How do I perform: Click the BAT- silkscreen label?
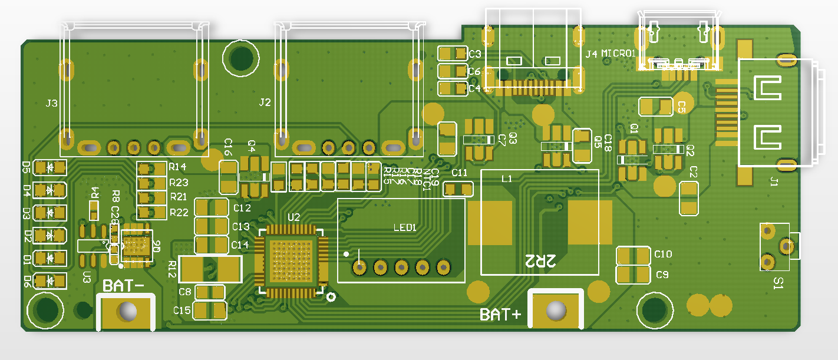tap(123, 286)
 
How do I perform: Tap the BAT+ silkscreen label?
tap(501, 315)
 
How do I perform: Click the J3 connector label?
tap(52, 104)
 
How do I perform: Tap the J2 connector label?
tap(265, 103)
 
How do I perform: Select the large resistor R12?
tap(210, 270)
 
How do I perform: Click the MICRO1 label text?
tap(618, 54)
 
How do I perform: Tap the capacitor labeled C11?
tap(458, 189)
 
